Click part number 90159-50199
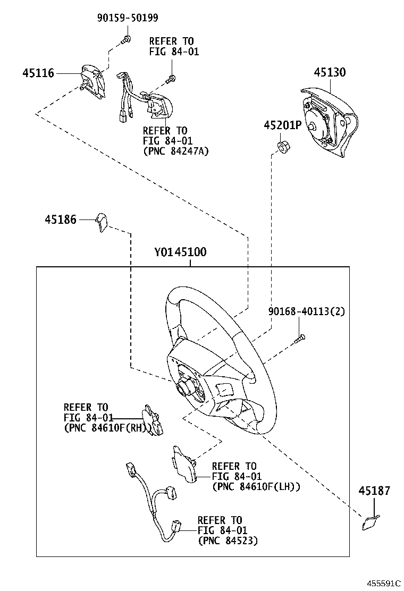point(128,18)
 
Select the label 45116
point(38,73)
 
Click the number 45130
point(329,72)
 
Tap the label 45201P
point(282,125)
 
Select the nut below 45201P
point(283,146)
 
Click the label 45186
point(60,219)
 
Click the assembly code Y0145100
point(181,252)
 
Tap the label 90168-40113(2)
point(306,311)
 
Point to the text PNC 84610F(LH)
point(256,486)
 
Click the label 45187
point(373,491)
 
